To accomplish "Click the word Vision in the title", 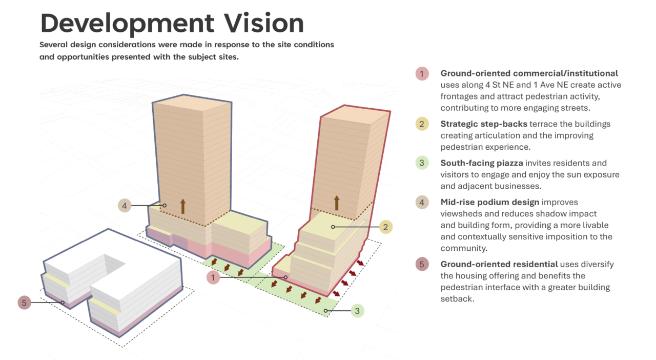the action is (x=264, y=23).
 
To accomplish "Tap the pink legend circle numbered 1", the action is (x=422, y=73).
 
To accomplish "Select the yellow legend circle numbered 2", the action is (x=422, y=124).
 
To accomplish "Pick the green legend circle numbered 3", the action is (x=422, y=163).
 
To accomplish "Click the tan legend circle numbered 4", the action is (x=422, y=202).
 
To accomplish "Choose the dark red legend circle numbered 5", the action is (x=422, y=264).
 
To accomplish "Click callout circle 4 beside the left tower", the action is (x=125, y=206).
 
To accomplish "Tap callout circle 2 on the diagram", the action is (x=386, y=227).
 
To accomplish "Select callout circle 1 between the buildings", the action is (x=213, y=277).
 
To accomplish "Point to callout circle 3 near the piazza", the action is (x=357, y=311).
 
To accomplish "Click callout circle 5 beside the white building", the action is (x=24, y=303).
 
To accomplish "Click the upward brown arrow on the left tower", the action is (x=183, y=206).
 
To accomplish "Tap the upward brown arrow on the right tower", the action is (x=337, y=203).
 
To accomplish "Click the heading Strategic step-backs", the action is (x=484, y=124).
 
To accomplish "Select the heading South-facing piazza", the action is (x=482, y=163).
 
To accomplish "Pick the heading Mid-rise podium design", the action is (x=489, y=203).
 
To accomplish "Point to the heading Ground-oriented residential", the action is (x=499, y=265).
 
